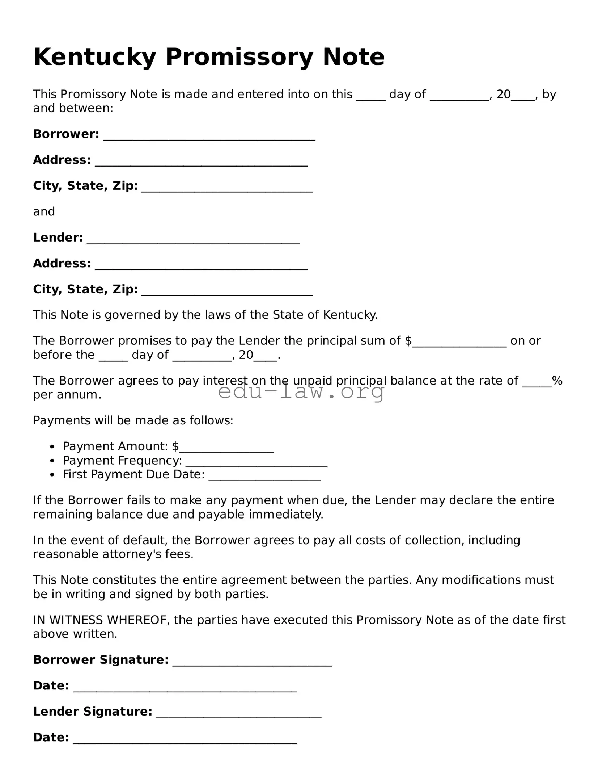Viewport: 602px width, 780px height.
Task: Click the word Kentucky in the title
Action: (95, 57)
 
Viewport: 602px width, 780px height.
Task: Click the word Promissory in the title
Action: (239, 57)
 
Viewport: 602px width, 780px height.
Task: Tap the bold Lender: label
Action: (58, 238)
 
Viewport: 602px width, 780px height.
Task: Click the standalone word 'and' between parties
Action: (44, 211)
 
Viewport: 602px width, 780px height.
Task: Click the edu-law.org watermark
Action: (301, 391)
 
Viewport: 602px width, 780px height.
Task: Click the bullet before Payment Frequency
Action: (52, 461)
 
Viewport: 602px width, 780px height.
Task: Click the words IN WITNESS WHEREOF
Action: (101, 620)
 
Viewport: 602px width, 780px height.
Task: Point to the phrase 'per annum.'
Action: (67, 395)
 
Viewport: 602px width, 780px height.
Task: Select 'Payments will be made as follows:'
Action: (133, 420)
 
